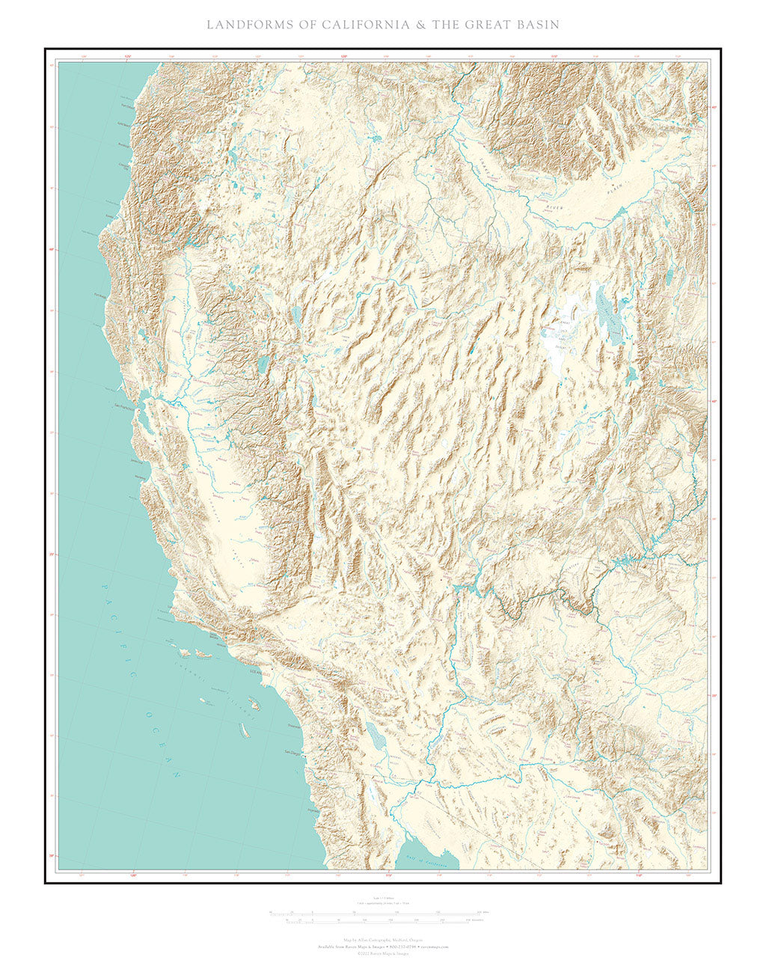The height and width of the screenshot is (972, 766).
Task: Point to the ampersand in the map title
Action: pyautogui.click(x=421, y=25)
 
